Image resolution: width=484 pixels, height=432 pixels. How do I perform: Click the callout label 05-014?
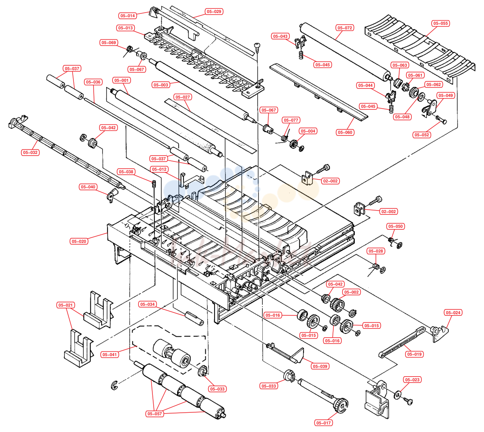(128, 16)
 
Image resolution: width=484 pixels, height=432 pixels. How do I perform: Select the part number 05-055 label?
(440, 23)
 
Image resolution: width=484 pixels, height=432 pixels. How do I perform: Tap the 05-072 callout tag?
(345, 28)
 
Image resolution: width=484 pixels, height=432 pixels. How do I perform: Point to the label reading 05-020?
(79, 242)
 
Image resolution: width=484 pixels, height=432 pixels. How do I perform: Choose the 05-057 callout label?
(154, 414)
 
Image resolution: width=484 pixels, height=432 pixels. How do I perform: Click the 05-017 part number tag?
(324, 423)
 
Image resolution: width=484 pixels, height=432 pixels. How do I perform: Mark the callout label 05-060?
(345, 132)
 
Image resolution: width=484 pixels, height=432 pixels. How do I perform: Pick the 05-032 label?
(30, 152)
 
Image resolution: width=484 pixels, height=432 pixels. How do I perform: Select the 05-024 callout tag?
(453, 312)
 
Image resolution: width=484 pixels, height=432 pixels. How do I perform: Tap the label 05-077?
(291, 120)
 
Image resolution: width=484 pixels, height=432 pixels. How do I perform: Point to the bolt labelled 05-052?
(440, 119)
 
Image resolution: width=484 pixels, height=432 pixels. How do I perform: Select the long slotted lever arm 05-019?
(402, 342)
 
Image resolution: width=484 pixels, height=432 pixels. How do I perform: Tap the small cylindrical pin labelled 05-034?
(194, 318)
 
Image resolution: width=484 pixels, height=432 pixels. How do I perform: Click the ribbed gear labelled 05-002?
(337, 304)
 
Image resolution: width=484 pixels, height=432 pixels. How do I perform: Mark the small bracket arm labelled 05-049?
(430, 109)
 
